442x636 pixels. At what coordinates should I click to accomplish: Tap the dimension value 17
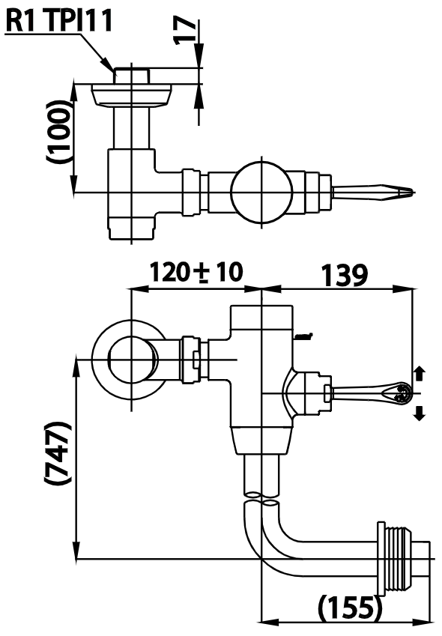pos(185,30)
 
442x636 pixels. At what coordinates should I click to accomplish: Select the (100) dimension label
pos(58,131)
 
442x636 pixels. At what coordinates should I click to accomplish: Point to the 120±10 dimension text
pos(196,272)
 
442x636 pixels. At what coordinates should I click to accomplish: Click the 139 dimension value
pos(345,275)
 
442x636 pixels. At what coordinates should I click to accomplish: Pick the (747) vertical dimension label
pos(58,452)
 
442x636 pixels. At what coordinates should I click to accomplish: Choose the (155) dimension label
pos(351,608)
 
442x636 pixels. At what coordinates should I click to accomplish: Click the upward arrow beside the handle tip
pos(420,373)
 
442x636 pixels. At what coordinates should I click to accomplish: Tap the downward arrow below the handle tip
pos(420,413)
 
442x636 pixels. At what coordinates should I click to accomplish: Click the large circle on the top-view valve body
pos(261,192)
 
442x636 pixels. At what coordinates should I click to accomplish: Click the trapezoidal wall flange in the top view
pos(131,96)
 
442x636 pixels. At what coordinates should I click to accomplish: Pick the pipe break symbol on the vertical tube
pos(261,499)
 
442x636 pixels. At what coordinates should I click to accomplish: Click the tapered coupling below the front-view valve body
pos(261,441)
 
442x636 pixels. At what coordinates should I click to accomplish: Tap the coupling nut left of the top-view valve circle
pos(191,192)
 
